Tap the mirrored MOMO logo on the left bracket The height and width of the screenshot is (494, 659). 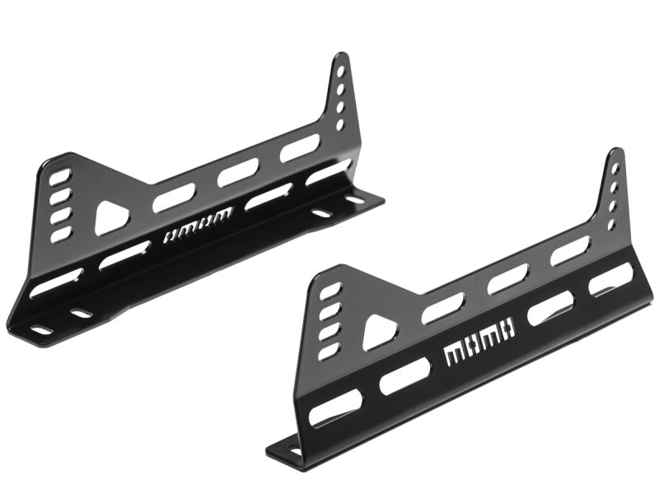point(197,225)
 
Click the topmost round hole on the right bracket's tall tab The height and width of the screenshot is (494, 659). point(615,169)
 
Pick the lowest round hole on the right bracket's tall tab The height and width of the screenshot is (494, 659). point(612,225)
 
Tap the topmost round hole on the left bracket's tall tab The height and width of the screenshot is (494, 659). point(342,70)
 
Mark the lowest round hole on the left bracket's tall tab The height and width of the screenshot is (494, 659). point(339,125)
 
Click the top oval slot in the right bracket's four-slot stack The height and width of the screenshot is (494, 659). point(331,291)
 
